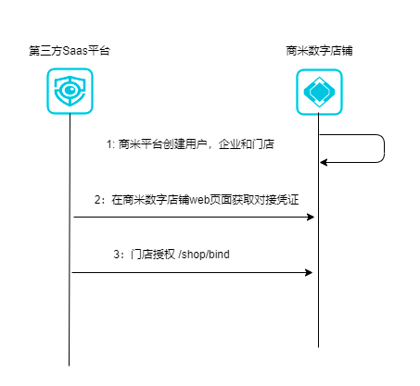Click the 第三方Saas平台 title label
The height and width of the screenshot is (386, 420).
tap(70, 51)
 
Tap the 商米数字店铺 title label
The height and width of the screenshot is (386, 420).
tap(319, 51)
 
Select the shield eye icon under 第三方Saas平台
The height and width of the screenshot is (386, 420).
tap(70, 91)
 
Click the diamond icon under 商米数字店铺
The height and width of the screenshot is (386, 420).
tap(319, 92)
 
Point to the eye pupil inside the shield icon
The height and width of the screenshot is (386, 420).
tap(70, 90)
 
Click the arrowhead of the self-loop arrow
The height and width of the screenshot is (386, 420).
tap(324, 162)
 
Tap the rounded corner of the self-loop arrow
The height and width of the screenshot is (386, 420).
tap(382, 137)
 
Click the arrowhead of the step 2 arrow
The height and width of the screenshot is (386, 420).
tap(311, 217)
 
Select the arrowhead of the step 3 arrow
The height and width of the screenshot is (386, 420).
tap(309, 272)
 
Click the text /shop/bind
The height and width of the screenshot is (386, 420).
tap(204, 255)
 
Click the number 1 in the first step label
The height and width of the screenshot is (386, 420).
tap(108, 144)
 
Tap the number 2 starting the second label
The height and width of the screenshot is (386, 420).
tap(97, 200)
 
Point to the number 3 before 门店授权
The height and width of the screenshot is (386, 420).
tap(117, 255)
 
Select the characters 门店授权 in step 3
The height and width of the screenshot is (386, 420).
tap(153, 255)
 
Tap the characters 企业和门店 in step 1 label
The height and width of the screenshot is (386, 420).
tap(247, 144)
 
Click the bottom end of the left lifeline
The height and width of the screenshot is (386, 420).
tap(69, 366)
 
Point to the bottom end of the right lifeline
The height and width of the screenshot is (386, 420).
tap(318, 347)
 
